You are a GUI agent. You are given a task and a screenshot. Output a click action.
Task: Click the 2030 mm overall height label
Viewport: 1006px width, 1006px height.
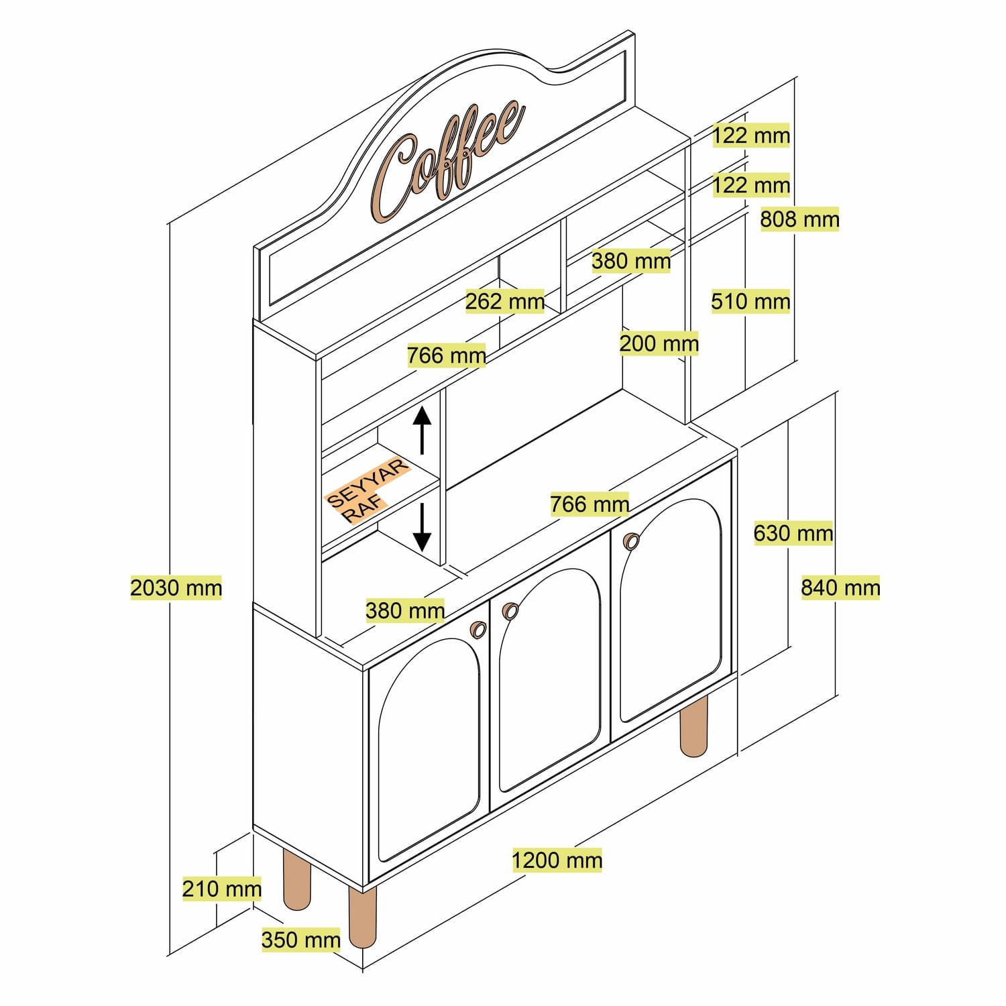(176, 588)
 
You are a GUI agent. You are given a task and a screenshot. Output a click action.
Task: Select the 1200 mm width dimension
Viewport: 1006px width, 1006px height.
(557, 860)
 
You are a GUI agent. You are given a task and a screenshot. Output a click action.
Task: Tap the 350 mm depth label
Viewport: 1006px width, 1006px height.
(300, 940)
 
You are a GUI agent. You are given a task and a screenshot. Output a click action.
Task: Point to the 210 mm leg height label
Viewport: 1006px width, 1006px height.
(221, 889)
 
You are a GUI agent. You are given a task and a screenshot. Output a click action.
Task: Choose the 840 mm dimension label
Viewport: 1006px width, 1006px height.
(840, 588)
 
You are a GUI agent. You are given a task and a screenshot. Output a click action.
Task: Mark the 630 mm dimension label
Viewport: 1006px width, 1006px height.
(793, 534)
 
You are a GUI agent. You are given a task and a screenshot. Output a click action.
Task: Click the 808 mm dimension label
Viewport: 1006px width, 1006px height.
(799, 219)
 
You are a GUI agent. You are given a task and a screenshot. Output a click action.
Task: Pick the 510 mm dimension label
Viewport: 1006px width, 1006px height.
(750, 302)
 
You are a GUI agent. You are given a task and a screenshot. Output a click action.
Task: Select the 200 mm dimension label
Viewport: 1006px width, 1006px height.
(659, 344)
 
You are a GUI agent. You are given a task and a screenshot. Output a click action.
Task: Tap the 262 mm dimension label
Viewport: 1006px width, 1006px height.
(504, 302)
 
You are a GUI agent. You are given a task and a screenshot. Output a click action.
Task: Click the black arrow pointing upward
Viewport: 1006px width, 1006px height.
(422, 429)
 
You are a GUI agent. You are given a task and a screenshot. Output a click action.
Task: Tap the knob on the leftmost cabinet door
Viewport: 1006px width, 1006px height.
(478, 629)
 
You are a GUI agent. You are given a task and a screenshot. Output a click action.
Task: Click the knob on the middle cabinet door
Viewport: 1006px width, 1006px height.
(510, 611)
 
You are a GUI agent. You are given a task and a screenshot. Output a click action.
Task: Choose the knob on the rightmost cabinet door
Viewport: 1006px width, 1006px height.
(631, 541)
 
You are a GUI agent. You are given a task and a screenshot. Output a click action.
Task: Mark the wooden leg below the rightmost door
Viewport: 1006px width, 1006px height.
(693, 726)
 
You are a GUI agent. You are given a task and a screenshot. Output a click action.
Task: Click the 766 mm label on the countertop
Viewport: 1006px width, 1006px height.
(589, 504)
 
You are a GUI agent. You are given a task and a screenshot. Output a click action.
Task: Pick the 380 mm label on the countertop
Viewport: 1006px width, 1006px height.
(404, 611)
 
